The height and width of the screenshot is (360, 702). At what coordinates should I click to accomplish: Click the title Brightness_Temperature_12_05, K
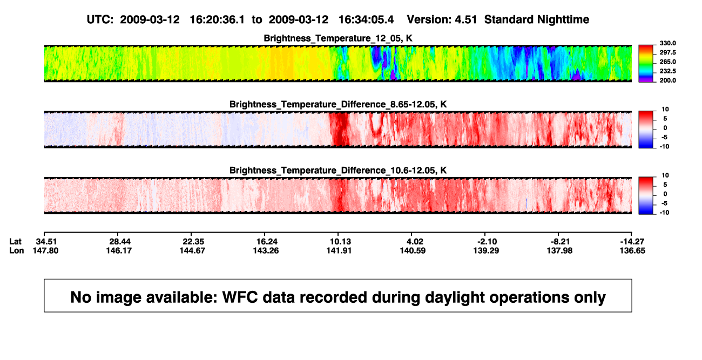click(x=338, y=38)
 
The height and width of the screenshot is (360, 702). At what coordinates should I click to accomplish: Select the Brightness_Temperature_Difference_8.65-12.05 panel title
click(x=338, y=104)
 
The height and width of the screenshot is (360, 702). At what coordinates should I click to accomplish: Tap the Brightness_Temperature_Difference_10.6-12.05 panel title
click(x=338, y=171)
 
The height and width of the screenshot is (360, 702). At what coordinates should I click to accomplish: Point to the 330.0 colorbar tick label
click(x=667, y=43)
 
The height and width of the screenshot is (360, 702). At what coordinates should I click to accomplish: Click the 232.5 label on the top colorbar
click(x=667, y=71)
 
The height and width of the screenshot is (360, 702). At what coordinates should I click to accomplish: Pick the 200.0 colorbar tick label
click(x=667, y=80)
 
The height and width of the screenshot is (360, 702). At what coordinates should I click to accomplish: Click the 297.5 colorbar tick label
click(x=667, y=53)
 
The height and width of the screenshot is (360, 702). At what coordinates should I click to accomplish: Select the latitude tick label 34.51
click(x=46, y=242)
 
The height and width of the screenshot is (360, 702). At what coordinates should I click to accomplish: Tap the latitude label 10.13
click(x=340, y=242)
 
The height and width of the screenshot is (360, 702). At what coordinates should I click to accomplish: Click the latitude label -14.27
click(x=632, y=242)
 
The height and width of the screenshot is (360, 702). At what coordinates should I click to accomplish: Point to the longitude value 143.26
click(x=266, y=250)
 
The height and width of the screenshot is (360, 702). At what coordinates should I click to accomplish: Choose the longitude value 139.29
click(x=486, y=250)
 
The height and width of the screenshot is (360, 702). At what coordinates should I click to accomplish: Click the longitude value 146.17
click(x=119, y=250)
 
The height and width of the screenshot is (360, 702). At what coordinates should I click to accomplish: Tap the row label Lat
click(x=15, y=242)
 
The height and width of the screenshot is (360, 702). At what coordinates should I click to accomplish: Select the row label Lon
click(x=16, y=250)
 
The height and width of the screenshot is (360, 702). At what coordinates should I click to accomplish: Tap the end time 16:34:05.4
click(x=366, y=20)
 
